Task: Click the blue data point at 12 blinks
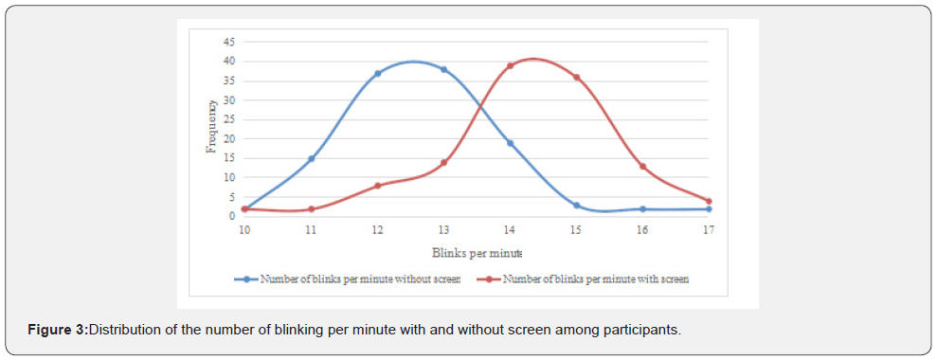pyautogui.click(x=377, y=73)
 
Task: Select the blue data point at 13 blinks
pyautogui.click(x=443, y=69)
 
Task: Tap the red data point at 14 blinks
pyautogui.click(x=510, y=65)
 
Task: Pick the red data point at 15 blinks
pyautogui.click(x=576, y=77)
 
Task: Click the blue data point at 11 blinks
pyautogui.click(x=311, y=158)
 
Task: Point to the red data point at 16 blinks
pyautogui.click(x=642, y=166)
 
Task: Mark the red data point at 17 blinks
pyautogui.click(x=709, y=201)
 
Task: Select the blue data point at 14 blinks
pyautogui.click(x=510, y=143)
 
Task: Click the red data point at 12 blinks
pyautogui.click(x=377, y=186)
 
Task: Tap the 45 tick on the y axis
pyautogui.click(x=229, y=42)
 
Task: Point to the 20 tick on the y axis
pyautogui.click(x=229, y=138)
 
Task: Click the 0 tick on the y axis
pyautogui.click(x=231, y=216)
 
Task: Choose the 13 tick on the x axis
pyautogui.click(x=443, y=230)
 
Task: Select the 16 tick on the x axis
pyautogui.click(x=642, y=230)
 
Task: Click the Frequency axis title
pyautogui.click(x=212, y=127)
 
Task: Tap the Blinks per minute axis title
pyautogui.click(x=477, y=253)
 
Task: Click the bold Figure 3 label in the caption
pyautogui.click(x=57, y=329)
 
